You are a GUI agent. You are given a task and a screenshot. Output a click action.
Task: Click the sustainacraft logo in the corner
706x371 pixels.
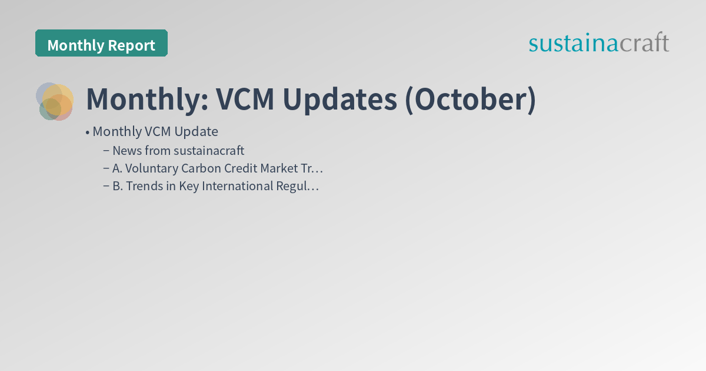coord(598,43)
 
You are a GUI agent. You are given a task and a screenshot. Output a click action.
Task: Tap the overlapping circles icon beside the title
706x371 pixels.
coord(55,101)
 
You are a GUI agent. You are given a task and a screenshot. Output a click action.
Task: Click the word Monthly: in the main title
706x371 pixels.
coord(147,99)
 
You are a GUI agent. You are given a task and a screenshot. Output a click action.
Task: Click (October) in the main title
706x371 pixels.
coord(470,99)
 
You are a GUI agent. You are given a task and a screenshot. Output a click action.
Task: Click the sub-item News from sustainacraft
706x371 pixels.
coord(178,150)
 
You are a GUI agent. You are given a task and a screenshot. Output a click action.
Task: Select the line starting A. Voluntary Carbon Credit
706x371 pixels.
coord(218,168)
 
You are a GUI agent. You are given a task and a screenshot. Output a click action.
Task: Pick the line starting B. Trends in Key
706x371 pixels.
coord(215,187)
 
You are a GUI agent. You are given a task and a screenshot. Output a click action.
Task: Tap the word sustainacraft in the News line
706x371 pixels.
coord(209,150)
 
